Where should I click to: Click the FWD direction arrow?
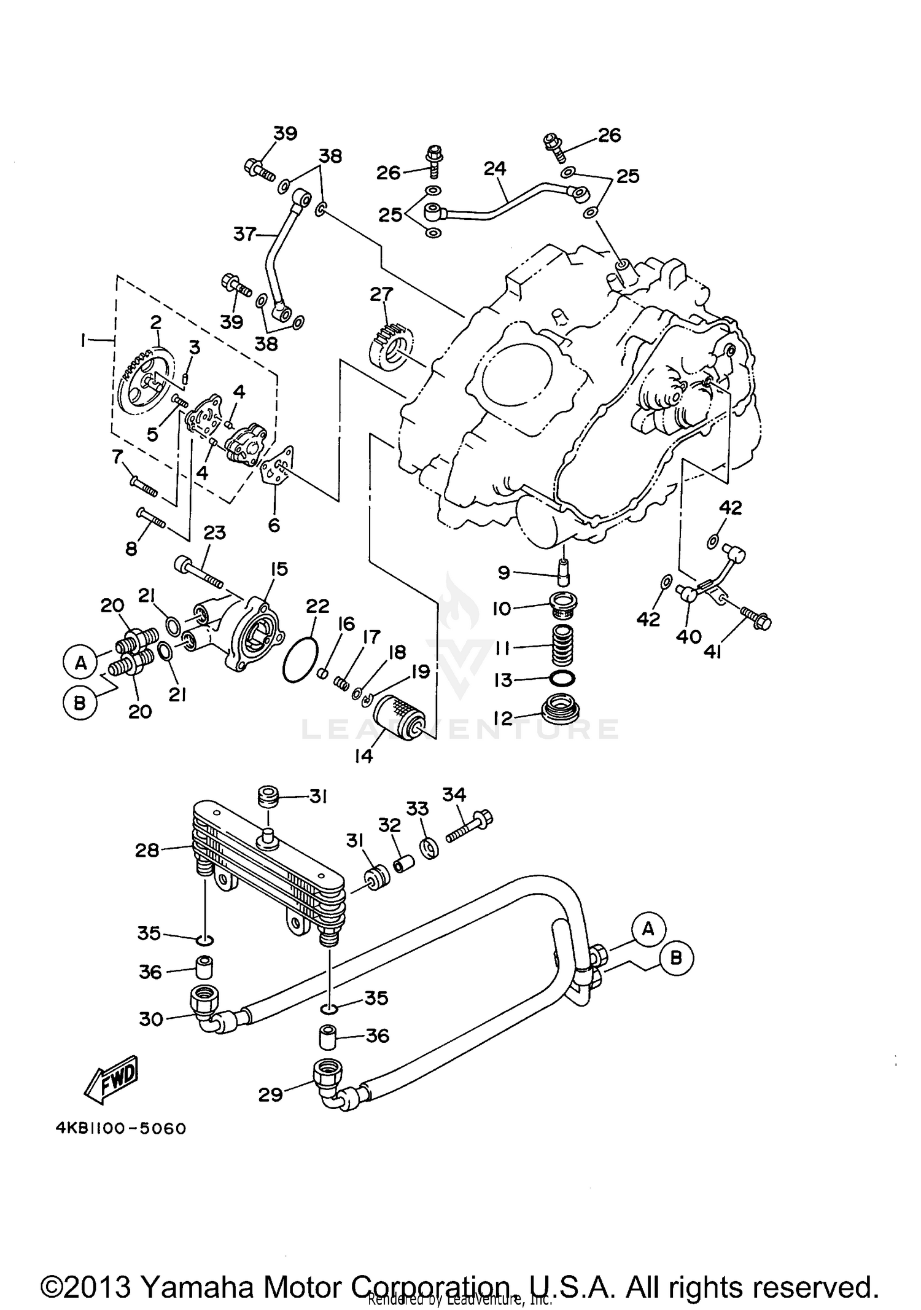(x=112, y=1079)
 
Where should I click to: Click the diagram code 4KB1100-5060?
(x=120, y=1128)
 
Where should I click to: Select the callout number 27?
(x=381, y=294)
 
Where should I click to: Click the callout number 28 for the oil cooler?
(x=147, y=850)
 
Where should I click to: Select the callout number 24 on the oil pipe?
(x=495, y=168)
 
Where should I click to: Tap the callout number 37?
(x=244, y=234)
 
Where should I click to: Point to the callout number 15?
(x=279, y=569)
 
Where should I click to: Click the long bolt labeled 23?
(x=198, y=571)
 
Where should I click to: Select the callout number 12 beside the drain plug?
(x=502, y=717)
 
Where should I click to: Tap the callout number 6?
(x=274, y=524)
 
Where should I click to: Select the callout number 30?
(x=151, y=1020)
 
